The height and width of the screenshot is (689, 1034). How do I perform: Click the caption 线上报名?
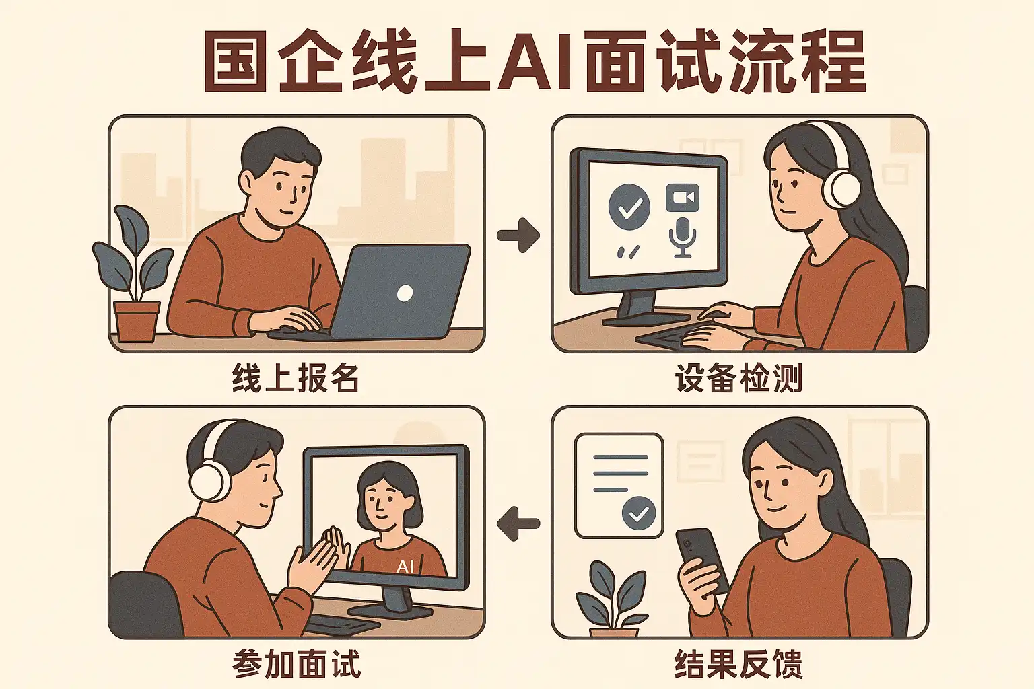pyautogui.click(x=296, y=378)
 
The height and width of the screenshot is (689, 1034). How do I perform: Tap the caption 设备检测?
pyautogui.click(x=738, y=378)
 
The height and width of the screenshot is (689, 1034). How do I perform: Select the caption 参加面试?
pyautogui.click(x=297, y=663)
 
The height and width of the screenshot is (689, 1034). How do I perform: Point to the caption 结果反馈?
pyautogui.click(x=738, y=663)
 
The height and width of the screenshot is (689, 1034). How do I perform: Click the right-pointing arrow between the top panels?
pyautogui.click(x=518, y=235)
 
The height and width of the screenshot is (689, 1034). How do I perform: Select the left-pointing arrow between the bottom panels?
pyautogui.click(x=518, y=523)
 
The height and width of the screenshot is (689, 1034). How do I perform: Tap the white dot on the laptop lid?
pyautogui.click(x=405, y=293)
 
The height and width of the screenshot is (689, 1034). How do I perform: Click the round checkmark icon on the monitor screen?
pyautogui.click(x=629, y=207)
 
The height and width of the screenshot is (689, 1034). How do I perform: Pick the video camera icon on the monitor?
pyautogui.click(x=682, y=197)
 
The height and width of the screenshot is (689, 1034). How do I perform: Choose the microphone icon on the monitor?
pyautogui.click(x=682, y=238)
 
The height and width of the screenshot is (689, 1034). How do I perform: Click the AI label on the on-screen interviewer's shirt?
pyautogui.click(x=405, y=567)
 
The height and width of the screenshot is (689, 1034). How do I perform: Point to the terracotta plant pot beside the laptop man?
pyautogui.click(x=137, y=322)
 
